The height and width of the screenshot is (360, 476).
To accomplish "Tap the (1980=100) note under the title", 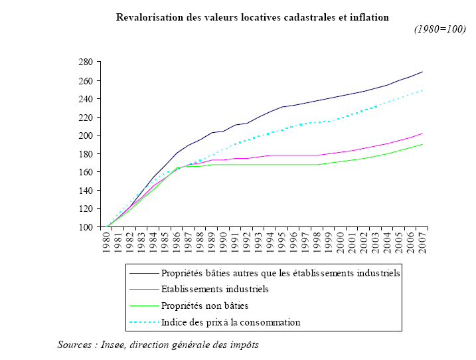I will coord(440,29).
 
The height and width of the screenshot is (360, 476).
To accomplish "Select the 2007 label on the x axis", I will coord(422,244).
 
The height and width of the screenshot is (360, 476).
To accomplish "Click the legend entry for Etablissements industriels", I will coord(214,289).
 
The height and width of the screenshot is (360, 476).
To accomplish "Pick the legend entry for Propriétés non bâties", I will coord(205,306).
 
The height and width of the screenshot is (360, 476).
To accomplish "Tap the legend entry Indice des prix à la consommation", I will coord(230,322).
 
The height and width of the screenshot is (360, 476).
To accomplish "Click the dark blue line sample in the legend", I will coord(144,273).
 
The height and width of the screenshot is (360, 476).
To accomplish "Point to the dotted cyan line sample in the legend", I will coord(144,323).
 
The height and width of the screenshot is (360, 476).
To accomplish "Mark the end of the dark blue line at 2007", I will coord(422,72).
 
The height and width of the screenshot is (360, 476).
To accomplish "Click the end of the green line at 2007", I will coord(422,144).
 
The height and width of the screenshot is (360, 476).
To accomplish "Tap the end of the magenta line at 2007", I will coord(422,134).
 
